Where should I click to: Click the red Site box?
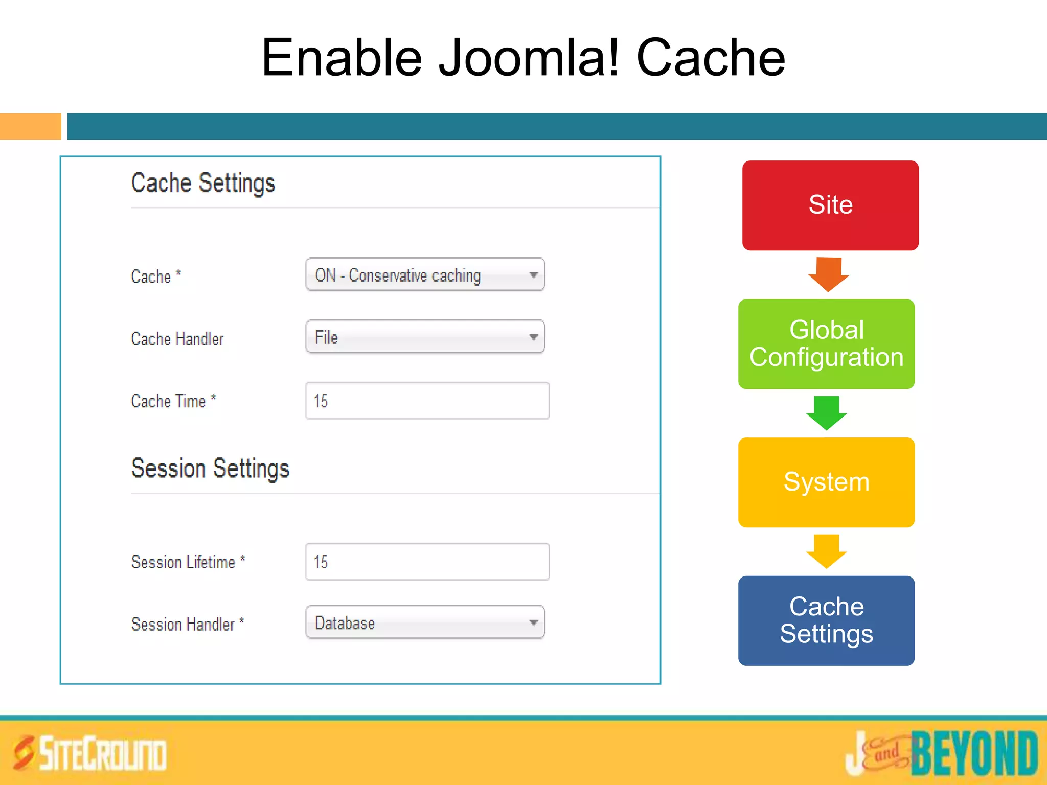point(830,205)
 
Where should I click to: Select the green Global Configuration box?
point(826,344)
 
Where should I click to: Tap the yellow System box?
point(826,482)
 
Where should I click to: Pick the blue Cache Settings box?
point(826,620)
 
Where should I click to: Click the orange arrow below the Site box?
point(828,274)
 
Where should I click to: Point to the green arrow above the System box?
point(826,412)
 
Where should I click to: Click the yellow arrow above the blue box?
point(826,551)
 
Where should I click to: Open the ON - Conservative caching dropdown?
point(425,274)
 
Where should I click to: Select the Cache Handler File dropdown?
point(425,337)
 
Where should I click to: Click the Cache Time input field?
point(427,401)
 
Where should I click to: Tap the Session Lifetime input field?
point(427,562)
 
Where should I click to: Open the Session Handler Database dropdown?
point(425,622)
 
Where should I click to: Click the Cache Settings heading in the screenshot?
point(203,183)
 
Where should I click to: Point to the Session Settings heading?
point(210,469)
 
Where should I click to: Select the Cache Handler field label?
point(177,339)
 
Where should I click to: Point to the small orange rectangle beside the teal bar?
point(30,126)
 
